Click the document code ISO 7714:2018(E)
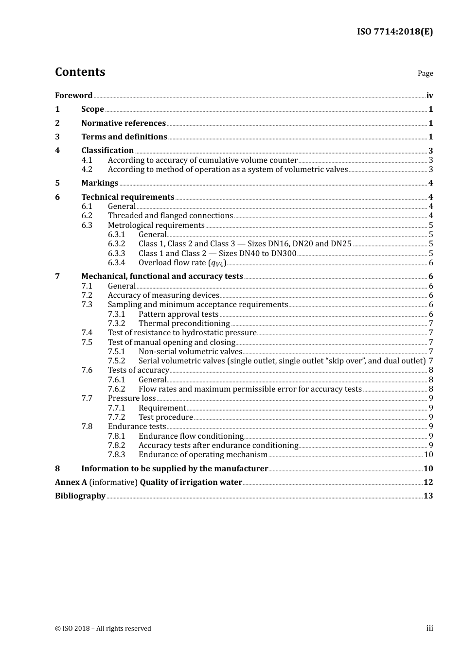point(394,32)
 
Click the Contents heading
point(80,72)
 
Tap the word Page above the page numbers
point(425,73)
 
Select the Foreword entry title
point(73,95)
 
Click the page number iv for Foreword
point(429,96)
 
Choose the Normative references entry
point(124,123)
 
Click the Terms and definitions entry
point(124,137)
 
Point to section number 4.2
point(87,169)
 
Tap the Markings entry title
point(100,183)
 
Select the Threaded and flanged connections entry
point(170,215)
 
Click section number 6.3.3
point(116,253)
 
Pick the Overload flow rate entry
point(182,263)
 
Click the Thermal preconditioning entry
point(184,323)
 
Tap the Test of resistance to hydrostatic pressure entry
point(182,332)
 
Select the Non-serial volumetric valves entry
point(190,351)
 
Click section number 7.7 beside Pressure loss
point(87,398)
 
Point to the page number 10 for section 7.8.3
point(428,454)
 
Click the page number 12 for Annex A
point(428,482)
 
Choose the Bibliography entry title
point(80,496)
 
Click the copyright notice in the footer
point(103,628)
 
